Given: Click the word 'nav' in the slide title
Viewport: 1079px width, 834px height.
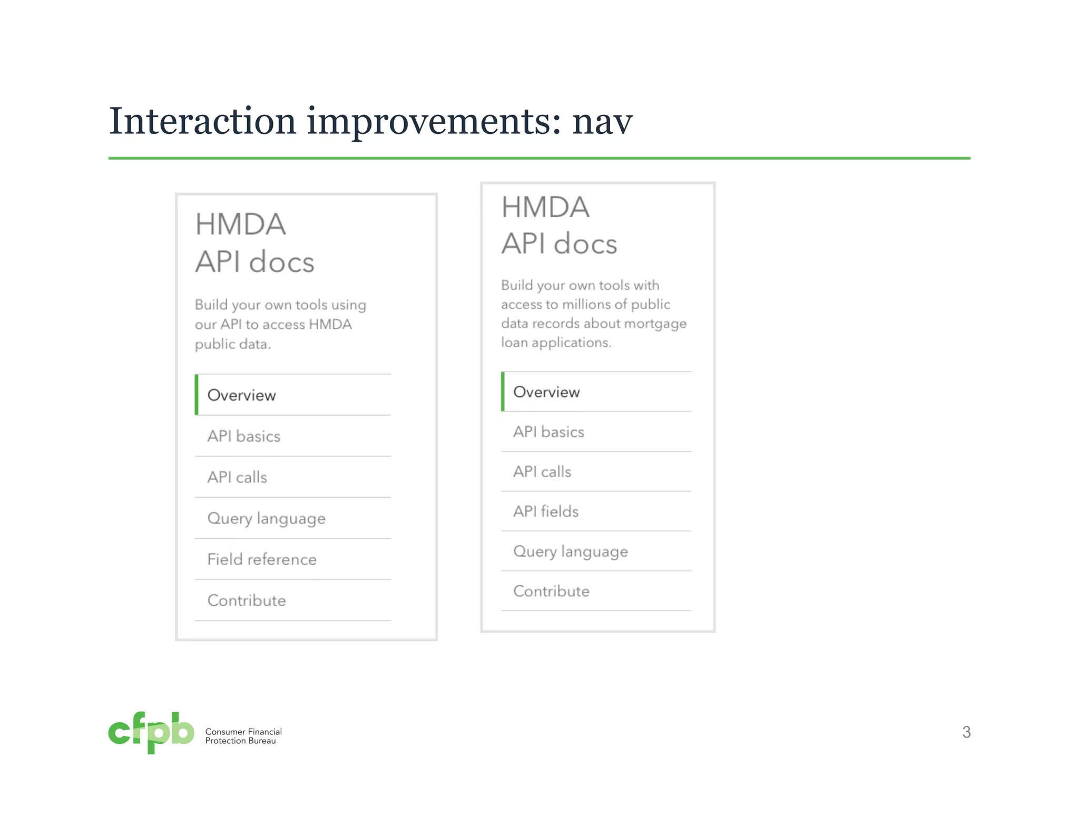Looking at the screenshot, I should pyautogui.click(x=602, y=122).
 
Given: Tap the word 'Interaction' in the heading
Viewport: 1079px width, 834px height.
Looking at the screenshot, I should pyautogui.click(x=202, y=121).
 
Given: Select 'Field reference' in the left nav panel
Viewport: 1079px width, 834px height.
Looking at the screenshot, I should pyautogui.click(x=262, y=559).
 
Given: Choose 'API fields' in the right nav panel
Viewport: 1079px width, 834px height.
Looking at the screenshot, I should pyautogui.click(x=546, y=511).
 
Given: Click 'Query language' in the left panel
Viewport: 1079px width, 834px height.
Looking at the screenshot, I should pyautogui.click(x=266, y=518).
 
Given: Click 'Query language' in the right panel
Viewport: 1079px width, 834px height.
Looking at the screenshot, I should pyautogui.click(x=571, y=551).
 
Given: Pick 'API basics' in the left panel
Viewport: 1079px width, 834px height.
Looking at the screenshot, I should pyautogui.click(x=243, y=436).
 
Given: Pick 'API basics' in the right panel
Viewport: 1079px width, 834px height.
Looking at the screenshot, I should pyautogui.click(x=548, y=432).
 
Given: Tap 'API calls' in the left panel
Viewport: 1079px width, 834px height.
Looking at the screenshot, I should pyautogui.click(x=237, y=477).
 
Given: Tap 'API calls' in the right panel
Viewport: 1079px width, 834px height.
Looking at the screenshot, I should pyautogui.click(x=542, y=471).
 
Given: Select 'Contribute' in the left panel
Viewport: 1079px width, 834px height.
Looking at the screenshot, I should pyautogui.click(x=247, y=600).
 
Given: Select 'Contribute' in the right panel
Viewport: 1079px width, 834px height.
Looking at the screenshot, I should pyautogui.click(x=551, y=591).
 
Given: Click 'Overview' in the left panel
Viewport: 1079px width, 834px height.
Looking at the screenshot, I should pyautogui.click(x=241, y=395).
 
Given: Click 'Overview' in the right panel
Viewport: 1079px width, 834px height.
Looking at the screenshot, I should pyautogui.click(x=546, y=392).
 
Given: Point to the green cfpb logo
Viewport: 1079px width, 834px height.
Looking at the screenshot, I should pyautogui.click(x=151, y=732).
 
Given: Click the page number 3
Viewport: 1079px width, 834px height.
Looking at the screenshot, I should pyautogui.click(x=966, y=732).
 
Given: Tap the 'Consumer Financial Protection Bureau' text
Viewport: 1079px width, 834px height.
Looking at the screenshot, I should pyautogui.click(x=243, y=736).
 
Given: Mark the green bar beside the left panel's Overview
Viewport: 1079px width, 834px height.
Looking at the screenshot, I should pyautogui.click(x=197, y=395).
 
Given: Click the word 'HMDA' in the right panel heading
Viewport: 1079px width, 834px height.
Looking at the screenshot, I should pyautogui.click(x=545, y=207).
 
